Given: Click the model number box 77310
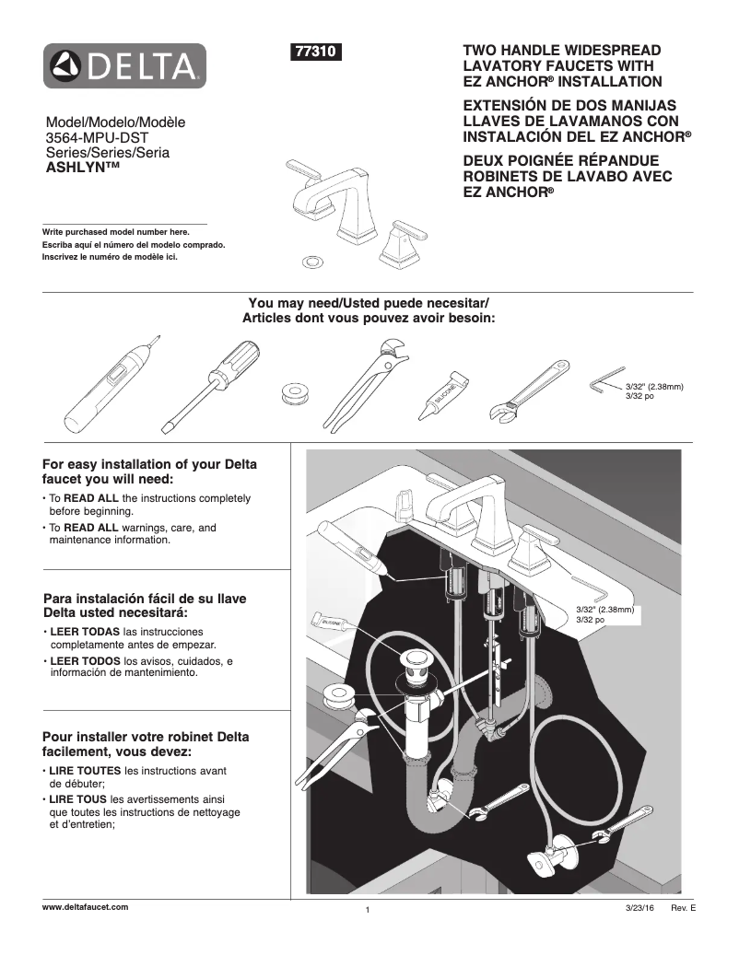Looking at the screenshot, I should click(316, 52).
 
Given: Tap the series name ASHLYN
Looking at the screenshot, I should click(83, 169).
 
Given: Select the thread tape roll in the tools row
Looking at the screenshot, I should click(296, 392).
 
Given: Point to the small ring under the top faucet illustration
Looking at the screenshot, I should click(312, 262).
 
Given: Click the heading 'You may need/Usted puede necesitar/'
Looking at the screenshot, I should click(369, 304).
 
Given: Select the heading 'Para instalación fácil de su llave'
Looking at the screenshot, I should click(145, 598).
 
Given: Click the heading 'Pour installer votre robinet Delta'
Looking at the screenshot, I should click(146, 737).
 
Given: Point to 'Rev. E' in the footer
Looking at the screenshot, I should click(683, 908).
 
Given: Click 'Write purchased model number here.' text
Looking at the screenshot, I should click(115, 232).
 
